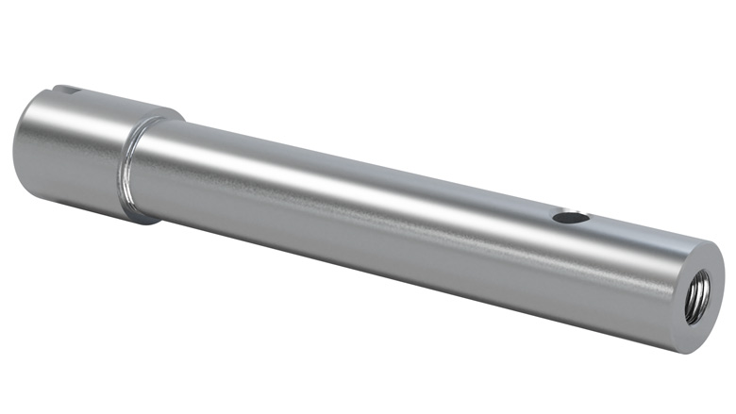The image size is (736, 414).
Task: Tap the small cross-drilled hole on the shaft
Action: tap(570, 218)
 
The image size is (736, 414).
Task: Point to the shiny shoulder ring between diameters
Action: tap(132, 168)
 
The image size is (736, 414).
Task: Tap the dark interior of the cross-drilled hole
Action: tap(570, 219)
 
